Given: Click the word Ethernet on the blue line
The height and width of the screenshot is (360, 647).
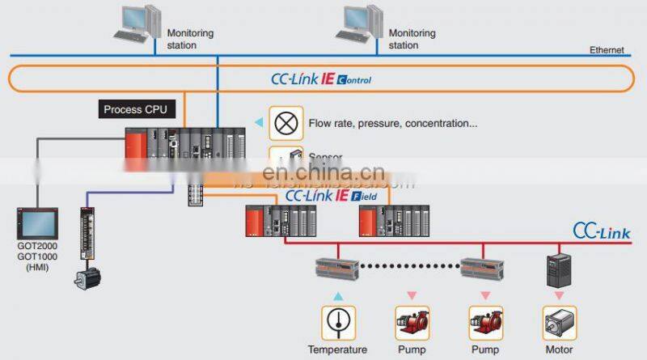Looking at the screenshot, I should pos(607,50).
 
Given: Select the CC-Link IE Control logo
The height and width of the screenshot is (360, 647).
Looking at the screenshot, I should pos(321,79).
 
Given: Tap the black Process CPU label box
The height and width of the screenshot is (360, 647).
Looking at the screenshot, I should pos(135,108).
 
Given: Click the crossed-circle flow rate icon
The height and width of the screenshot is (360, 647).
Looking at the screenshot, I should pos(285,124).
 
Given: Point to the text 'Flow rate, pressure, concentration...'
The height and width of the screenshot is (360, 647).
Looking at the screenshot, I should pos(393,124).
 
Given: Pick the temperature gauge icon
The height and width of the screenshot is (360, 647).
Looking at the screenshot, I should pos(337,323).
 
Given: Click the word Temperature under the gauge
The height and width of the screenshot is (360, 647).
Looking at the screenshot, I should pos(338,350).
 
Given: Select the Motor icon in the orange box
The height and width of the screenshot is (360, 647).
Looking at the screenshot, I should pos(558,323).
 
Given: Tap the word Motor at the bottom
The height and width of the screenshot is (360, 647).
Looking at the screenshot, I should pos(558,350).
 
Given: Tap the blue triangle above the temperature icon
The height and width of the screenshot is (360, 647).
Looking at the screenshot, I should pos(338,297).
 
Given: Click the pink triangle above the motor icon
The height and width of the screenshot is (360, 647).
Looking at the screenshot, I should pos(558,297).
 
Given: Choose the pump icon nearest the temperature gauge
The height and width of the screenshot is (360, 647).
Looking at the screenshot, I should pos(411,323).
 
